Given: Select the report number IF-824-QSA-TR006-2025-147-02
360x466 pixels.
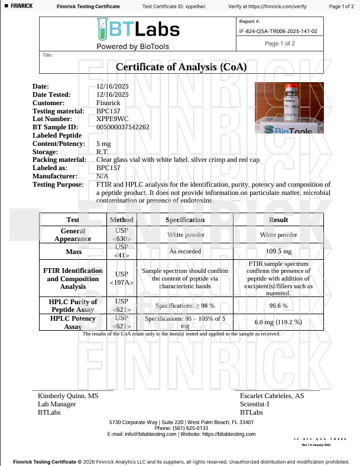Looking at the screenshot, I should [x=278, y=31].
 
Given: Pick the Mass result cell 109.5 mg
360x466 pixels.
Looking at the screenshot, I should [x=278, y=251].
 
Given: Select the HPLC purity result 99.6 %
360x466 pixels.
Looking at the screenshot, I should [x=278, y=305].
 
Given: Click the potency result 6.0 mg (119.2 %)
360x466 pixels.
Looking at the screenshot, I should [x=278, y=322].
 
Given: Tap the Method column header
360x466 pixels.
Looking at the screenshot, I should [x=122, y=220].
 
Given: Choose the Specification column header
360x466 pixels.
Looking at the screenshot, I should [x=185, y=220].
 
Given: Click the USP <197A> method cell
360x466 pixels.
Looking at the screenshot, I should [x=122, y=278].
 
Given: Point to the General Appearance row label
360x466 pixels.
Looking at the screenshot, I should [x=73, y=234].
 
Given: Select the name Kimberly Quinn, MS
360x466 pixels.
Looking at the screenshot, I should [x=68, y=396].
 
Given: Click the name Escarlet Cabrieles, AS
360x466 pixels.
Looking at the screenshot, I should [x=272, y=396].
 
